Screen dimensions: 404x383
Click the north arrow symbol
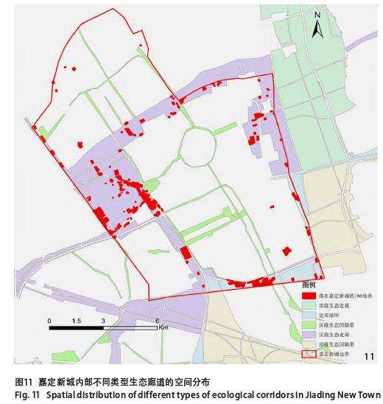[317, 29]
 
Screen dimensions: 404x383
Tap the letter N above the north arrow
[317, 15]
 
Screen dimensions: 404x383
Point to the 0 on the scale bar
[49, 321]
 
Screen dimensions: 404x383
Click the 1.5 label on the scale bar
[76, 321]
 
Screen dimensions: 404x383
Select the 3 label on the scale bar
[104, 321]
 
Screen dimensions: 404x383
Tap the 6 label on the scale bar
[158, 321]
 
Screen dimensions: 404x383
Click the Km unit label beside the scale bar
[163, 328]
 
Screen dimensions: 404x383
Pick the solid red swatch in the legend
[310, 295]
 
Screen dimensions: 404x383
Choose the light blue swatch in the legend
[310, 314]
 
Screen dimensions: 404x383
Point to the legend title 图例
[309, 285]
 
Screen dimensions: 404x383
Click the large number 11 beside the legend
[370, 357]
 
